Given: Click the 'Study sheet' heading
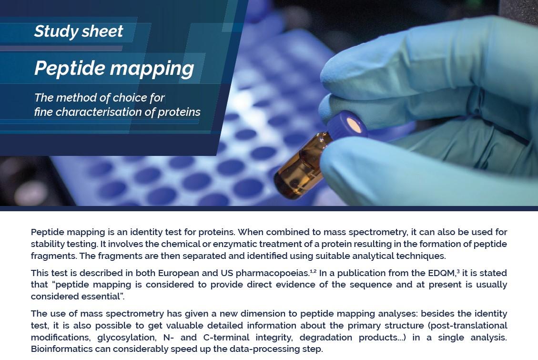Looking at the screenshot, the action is [x=79, y=31].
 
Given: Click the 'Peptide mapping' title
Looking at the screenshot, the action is [x=114, y=68].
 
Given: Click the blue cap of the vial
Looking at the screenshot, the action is [x=346, y=126].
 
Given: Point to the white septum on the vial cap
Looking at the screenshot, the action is [x=354, y=125].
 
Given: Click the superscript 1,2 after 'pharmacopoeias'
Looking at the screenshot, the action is [x=313, y=271].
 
